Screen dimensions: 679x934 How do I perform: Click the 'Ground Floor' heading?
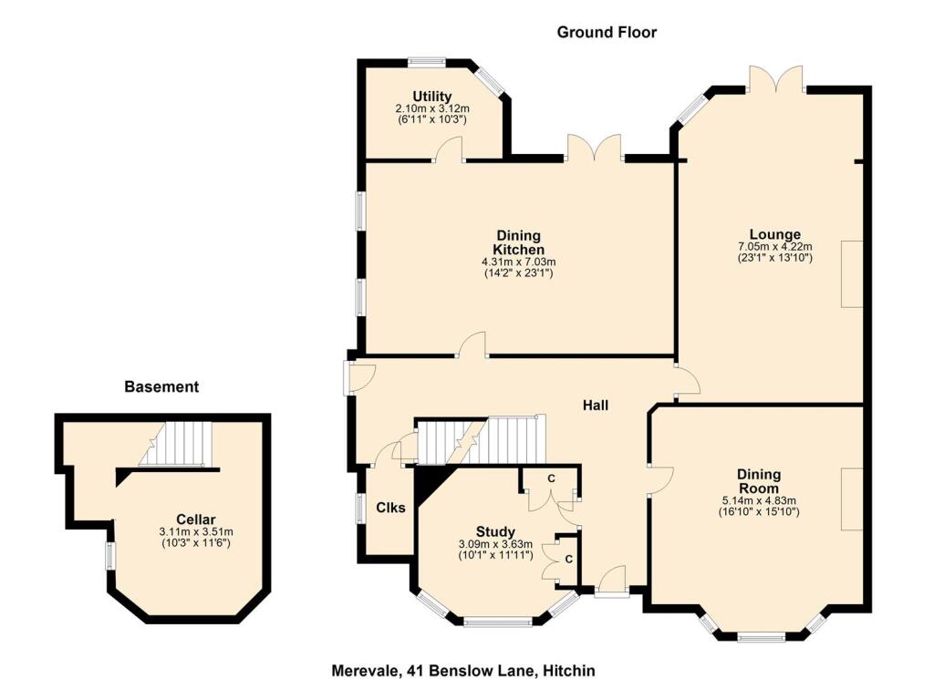pos(607,32)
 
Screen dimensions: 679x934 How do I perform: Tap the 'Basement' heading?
pos(161,386)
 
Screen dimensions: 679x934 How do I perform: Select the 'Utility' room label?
pos(432,97)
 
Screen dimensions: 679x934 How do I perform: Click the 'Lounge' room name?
pos(774,234)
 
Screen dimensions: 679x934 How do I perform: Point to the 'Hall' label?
pos(597,406)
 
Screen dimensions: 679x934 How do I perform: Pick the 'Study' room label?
pos(495,532)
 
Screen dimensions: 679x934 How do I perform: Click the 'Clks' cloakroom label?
pos(389,508)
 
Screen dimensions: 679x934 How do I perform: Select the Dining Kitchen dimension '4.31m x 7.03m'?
pos(518,262)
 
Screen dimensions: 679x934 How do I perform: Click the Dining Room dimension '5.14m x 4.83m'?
pos(759,500)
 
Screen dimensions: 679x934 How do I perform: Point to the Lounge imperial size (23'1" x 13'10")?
pos(774,258)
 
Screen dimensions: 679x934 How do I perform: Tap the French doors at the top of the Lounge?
pos(776,80)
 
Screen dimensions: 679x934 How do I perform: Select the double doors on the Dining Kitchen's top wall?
pos(594,149)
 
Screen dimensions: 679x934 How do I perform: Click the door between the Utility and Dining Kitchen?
pos(449,150)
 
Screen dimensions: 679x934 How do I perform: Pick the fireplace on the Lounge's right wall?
pos(852,273)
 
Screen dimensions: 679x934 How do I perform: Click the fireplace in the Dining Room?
pos(852,499)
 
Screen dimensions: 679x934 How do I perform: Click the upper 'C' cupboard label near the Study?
pos(551,478)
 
